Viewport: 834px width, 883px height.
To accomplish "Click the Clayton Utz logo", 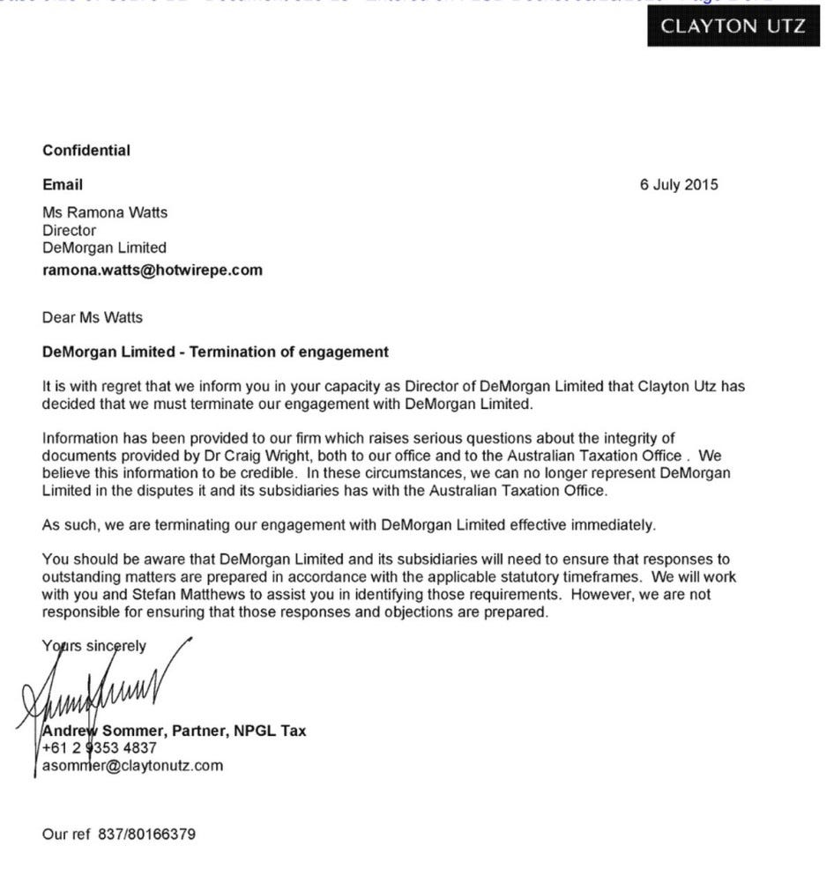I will point(733,26).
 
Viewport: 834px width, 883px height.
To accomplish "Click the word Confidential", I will point(86,151).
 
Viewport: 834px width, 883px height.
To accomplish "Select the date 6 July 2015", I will point(679,185).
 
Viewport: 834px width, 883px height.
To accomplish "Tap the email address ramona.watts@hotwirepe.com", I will point(153,271).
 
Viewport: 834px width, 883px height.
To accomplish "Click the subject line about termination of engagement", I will point(215,352).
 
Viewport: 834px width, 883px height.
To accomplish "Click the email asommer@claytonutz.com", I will point(132,766).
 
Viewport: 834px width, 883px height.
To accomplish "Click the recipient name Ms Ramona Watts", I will point(105,212).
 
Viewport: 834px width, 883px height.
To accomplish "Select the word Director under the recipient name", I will point(69,230).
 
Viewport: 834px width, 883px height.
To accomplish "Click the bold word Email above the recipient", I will point(63,185).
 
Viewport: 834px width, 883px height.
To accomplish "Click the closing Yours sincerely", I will point(94,646).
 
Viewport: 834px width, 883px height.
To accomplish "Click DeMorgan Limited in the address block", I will point(104,248).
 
